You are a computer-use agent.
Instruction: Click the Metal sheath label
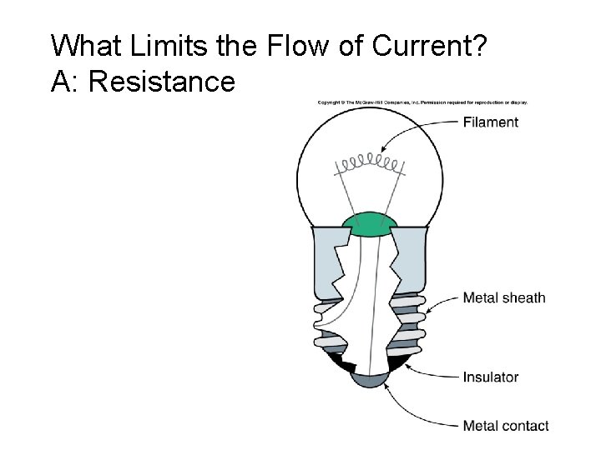[504, 297]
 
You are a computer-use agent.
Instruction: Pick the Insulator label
[491, 377]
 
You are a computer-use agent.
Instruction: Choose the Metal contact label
[506, 426]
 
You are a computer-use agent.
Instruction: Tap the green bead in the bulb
[370, 224]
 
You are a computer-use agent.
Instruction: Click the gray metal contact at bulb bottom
[369, 379]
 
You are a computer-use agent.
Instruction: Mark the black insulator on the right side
[398, 360]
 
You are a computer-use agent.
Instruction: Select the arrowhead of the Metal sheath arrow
[429, 312]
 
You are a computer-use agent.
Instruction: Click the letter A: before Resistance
[63, 82]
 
